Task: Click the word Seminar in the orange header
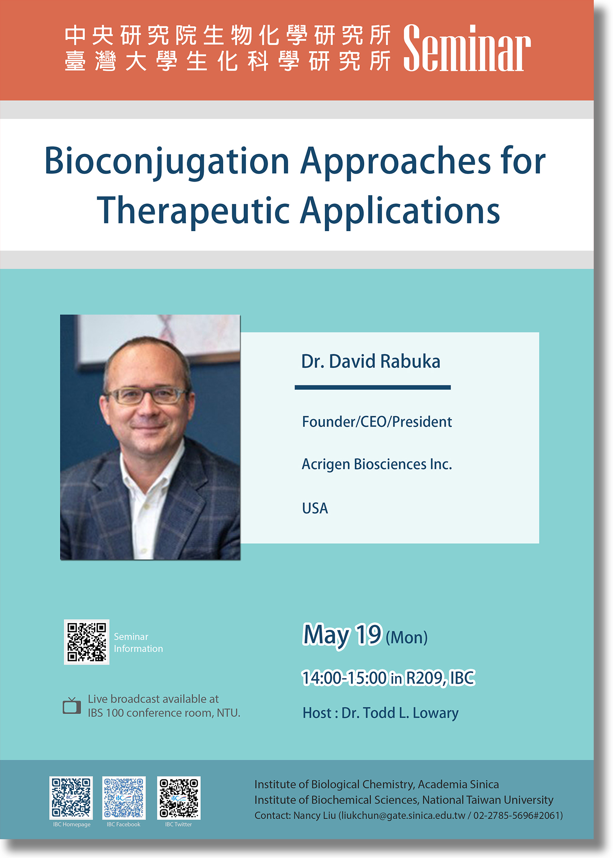[467, 48]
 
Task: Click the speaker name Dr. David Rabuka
[371, 361]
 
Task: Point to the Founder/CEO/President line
[377, 422]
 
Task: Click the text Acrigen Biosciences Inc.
[377, 464]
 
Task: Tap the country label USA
[315, 508]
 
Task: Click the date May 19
[342, 635]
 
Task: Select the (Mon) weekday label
[407, 638]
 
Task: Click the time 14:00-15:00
[344, 678]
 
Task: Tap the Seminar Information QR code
[87, 642]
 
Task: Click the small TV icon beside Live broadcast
[72, 705]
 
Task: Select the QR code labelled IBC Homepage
[71, 798]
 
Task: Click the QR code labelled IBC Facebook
[124, 798]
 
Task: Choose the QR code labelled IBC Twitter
[179, 798]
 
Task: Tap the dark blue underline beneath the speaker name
[373, 388]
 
